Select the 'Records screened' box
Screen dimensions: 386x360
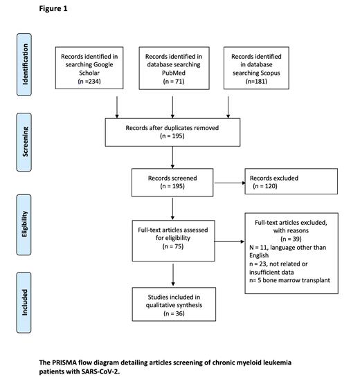(172, 182)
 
